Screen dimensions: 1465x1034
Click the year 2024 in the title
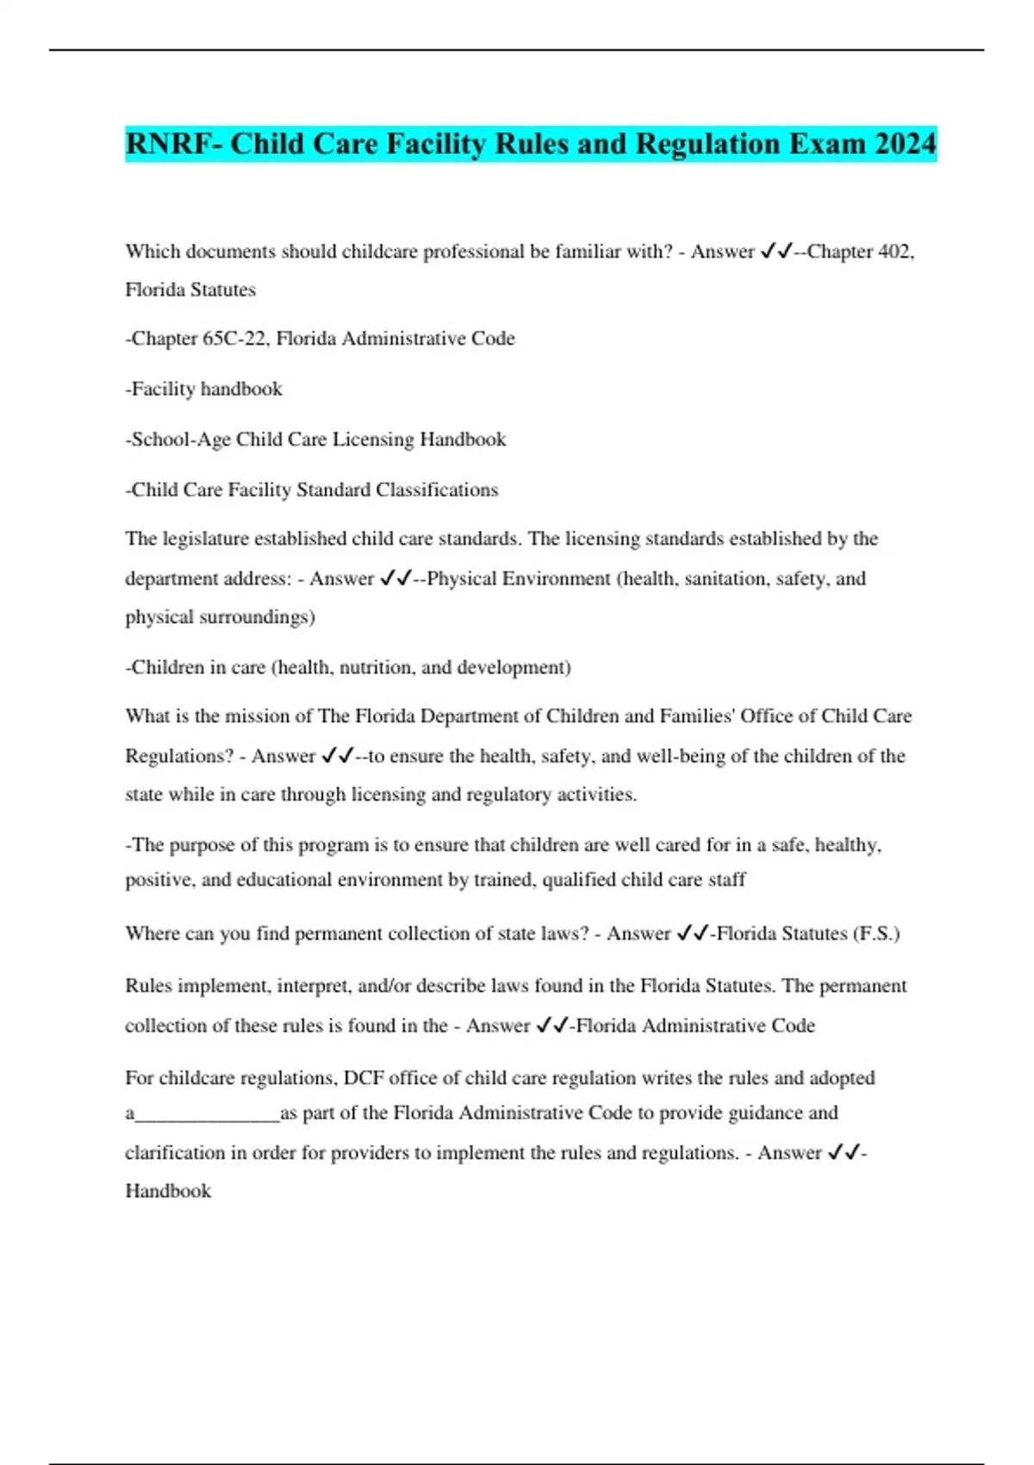click(905, 144)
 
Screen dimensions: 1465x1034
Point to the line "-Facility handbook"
click(204, 390)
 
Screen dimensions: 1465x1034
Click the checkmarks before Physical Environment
click(396, 578)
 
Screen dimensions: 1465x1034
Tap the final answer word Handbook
click(168, 1192)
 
